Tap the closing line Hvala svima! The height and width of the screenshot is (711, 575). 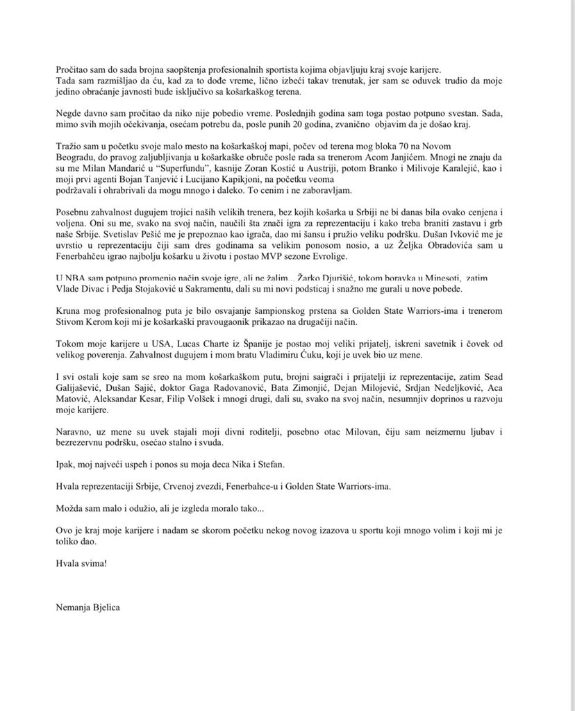pos(82,561)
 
